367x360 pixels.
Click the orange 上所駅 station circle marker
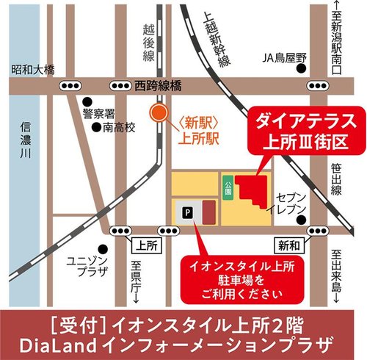pyautogui.click(x=156, y=114)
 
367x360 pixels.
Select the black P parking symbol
pyautogui.click(x=186, y=212)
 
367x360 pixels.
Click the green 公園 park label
pyautogui.click(x=228, y=187)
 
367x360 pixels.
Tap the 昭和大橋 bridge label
pyautogui.click(x=34, y=70)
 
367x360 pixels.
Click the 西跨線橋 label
pyautogui.click(x=157, y=84)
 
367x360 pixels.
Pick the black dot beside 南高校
pyautogui.click(x=96, y=126)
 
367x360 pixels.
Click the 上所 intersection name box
pyautogui.click(x=143, y=242)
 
